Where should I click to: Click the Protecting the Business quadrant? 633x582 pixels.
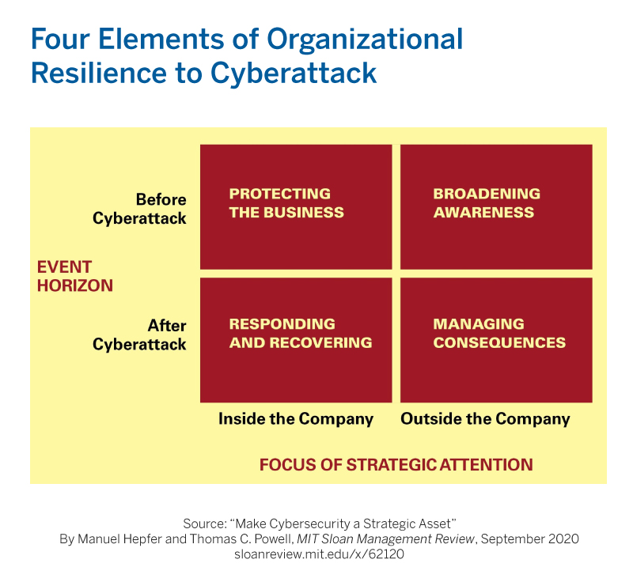pyautogui.click(x=296, y=206)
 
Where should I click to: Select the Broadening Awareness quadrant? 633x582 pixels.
pyautogui.click(x=496, y=206)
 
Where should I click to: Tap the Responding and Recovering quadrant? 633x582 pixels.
pyautogui.click(x=296, y=339)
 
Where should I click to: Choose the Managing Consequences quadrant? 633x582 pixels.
pyautogui.click(x=496, y=339)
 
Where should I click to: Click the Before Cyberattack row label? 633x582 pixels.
pyautogui.click(x=140, y=209)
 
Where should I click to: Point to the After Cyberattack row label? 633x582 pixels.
pyautogui.click(x=140, y=334)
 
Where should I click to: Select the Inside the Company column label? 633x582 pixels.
pyautogui.click(x=296, y=419)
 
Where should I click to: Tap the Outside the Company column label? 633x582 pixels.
pyautogui.click(x=485, y=419)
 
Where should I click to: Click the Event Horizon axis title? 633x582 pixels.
pyautogui.click(x=75, y=276)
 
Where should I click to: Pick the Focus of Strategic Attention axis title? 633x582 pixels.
pyautogui.click(x=396, y=464)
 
